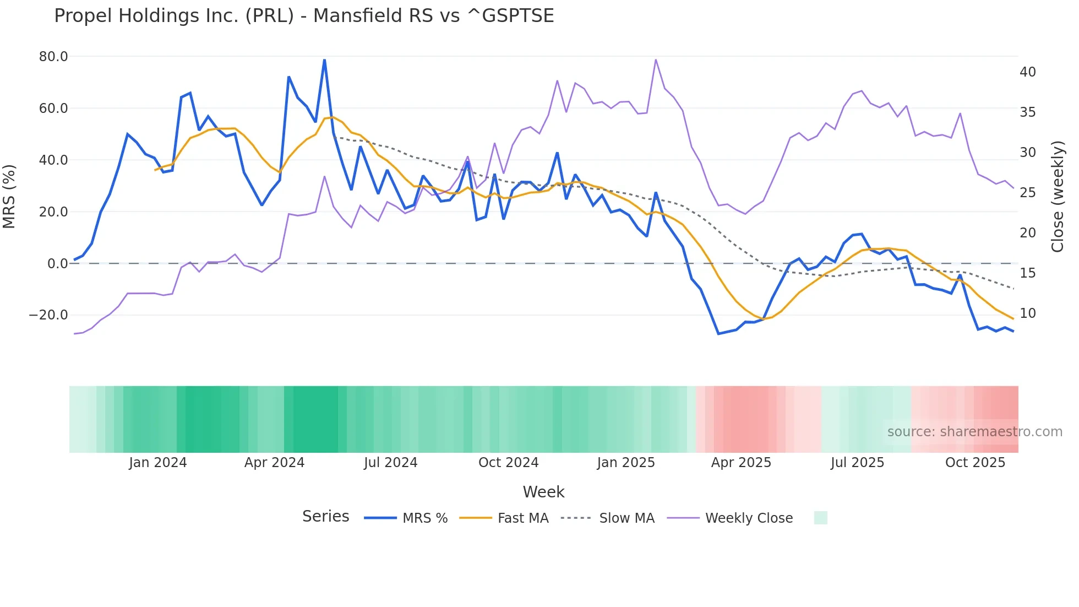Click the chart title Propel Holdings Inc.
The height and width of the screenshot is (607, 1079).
pos(304,16)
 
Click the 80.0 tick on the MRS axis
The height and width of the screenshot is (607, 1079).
pos(53,57)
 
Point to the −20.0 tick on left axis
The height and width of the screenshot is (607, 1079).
pos(48,315)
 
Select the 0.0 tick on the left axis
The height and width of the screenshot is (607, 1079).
pos(57,264)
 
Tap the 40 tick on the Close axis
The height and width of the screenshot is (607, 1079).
pos(1027,72)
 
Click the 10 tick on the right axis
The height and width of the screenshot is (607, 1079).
pos(1027,313)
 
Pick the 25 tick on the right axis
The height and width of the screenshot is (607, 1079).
pos(1027,193)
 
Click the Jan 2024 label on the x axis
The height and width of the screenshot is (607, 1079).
pos(158,463)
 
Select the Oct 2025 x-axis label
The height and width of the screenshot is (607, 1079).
pos(975,463)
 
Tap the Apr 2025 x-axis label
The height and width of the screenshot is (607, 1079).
pos(741,463)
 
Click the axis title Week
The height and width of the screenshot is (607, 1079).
pos(543,492)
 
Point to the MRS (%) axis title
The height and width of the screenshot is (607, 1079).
pos(9,196)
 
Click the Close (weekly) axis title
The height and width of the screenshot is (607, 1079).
pos(1058,197)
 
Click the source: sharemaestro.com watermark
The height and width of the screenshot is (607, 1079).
pos(974,432)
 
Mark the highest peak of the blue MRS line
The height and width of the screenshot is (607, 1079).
pos(324,59)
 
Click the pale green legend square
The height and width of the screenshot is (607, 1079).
pos(820,518)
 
